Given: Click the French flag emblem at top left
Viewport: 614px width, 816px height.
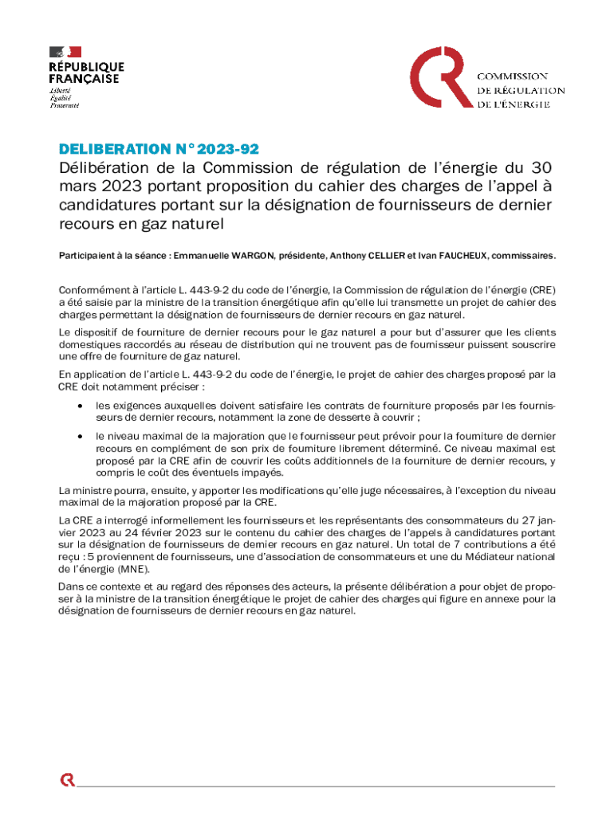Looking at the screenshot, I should point(65,53).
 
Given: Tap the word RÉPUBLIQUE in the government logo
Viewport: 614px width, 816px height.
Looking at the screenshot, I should point(87,67).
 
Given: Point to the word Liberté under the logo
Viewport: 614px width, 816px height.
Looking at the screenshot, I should point(63,91).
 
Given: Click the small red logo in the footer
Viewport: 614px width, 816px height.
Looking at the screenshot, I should point(68,779).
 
